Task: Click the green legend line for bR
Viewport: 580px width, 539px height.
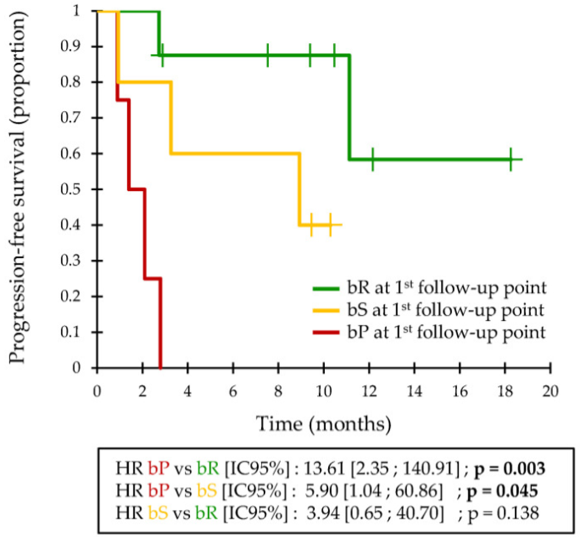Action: point(328,288)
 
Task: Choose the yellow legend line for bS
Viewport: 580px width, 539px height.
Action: point(328,310)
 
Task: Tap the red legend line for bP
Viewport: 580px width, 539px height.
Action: point(328,333)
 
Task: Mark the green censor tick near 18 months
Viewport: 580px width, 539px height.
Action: point(510,160)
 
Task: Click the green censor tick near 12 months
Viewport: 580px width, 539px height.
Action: point(372,160)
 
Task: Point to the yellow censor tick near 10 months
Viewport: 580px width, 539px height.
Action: point(331,225)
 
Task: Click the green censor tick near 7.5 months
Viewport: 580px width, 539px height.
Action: point(268,55)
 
